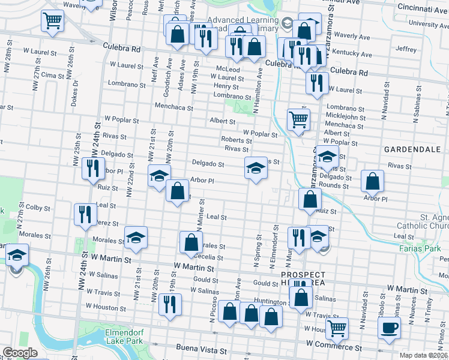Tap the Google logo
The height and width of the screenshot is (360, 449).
[x=20, y=353]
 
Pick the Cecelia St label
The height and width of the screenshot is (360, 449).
[x=209, y=257]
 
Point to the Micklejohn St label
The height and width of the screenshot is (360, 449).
[x=345, y=116]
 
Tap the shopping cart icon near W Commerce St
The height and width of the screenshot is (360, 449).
[x=337, y=328]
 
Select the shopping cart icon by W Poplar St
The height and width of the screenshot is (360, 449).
[x=298, y=119]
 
